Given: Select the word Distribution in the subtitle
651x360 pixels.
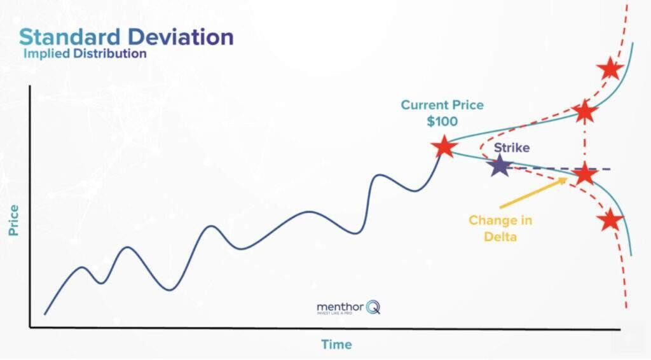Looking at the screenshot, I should point(109,54).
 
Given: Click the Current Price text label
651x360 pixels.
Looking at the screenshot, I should point(442,105).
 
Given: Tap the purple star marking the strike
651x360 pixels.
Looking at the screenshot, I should point(500,167).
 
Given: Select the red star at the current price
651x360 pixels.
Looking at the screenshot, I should point(444,147).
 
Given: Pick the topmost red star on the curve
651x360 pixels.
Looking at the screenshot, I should point(610,68).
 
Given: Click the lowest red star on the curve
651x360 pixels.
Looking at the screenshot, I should point(610,220).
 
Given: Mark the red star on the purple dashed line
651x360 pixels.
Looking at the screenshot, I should point(585,173).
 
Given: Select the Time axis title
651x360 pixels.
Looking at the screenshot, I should point(336,345).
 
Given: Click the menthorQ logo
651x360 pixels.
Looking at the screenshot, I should point(348,308).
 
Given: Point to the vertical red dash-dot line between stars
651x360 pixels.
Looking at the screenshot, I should point(585,143).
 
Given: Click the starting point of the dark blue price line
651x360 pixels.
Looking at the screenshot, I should point(45,314).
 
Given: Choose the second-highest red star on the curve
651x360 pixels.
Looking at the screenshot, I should point(585,112).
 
